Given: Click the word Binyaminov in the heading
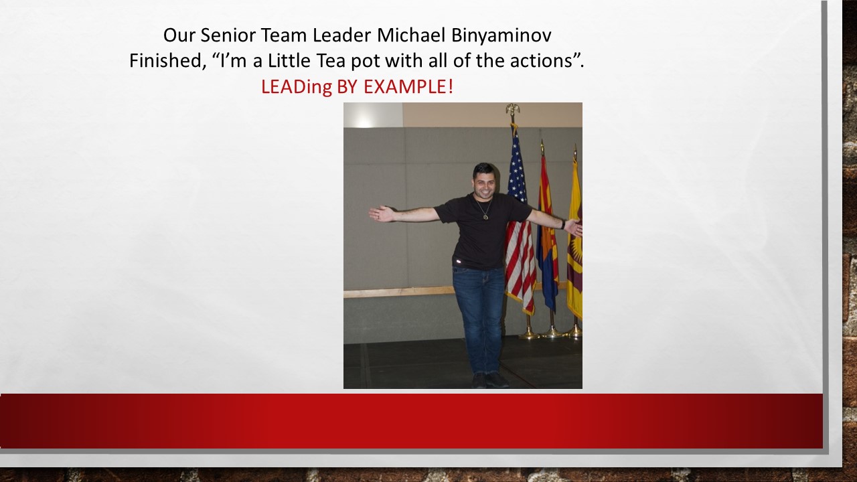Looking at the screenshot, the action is [x=501, y=35].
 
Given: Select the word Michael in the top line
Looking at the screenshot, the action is [x=411, y=35].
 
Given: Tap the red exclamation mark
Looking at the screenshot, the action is [x=451, y=86].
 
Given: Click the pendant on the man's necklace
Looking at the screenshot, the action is [x=485, y=217].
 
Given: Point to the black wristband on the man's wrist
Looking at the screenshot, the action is [x=563, y=224].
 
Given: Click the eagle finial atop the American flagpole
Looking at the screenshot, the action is [x=513, y=108].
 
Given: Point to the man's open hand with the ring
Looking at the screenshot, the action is [x=382, y=214].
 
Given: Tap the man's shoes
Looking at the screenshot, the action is [x=490, y=380].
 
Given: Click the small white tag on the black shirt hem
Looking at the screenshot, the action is [x=459, y=262].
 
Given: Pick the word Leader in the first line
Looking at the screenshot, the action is [x=341, y=35].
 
